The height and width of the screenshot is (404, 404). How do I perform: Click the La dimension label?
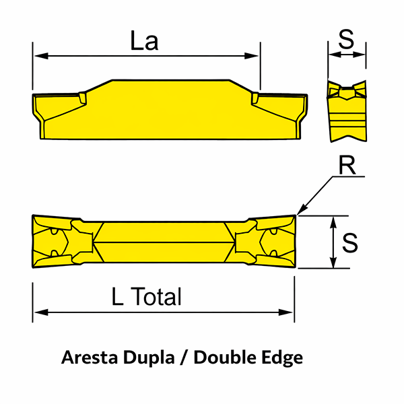coord(145,41)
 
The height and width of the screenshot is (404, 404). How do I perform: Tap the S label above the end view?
coord(347,39)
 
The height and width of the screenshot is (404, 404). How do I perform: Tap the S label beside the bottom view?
coord(349,242)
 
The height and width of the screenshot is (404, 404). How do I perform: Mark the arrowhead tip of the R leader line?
coord(299,213)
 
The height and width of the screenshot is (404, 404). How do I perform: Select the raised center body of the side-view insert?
coord(168,108)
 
